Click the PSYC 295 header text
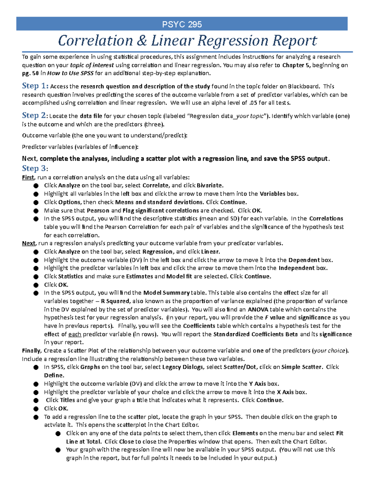point(182,24)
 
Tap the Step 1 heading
point(35,86)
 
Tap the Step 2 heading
point(35,115)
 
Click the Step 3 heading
point(35,168)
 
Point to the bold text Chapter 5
point(296,65)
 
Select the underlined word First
point(28,177)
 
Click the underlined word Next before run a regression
point(28,243)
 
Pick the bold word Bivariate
point(209,185)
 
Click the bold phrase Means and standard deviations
point(159,202)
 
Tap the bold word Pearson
point(98,210)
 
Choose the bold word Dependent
point(304,260)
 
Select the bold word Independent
point(297,268)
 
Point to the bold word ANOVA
point(258,310)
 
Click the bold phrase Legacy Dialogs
point(182,367)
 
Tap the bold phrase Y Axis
point(257,384)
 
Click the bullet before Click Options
point(36,202)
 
